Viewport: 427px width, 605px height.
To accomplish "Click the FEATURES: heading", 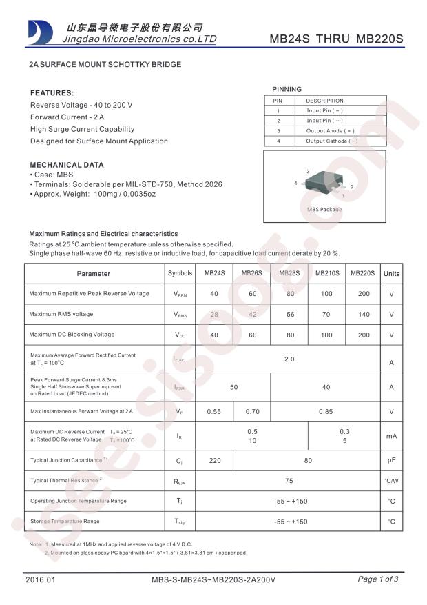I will (52, 92).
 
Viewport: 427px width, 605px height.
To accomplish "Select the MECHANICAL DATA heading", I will (67, 165).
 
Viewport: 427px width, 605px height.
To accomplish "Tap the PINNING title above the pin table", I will (287, 89).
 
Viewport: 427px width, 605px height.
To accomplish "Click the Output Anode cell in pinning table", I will (330, 130).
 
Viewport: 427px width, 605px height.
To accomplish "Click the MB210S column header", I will (327, 273).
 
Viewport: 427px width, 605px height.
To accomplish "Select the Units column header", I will (391, 273).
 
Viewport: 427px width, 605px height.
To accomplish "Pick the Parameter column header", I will (94, 273).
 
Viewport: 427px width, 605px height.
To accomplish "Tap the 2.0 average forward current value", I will (289, 359).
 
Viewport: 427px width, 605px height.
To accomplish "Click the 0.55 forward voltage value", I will (214, 411).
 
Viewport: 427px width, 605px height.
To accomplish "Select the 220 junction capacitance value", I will (214, 459).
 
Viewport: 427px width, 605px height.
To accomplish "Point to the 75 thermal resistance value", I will (289, 479).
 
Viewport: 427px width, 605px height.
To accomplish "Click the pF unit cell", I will (391, 459).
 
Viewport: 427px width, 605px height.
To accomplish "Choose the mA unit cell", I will (391, 436).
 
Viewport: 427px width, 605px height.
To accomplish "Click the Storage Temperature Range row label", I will (65, 521).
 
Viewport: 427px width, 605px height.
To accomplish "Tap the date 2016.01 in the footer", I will (40, 579).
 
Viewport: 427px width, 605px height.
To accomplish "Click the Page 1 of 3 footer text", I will (378, 579).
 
